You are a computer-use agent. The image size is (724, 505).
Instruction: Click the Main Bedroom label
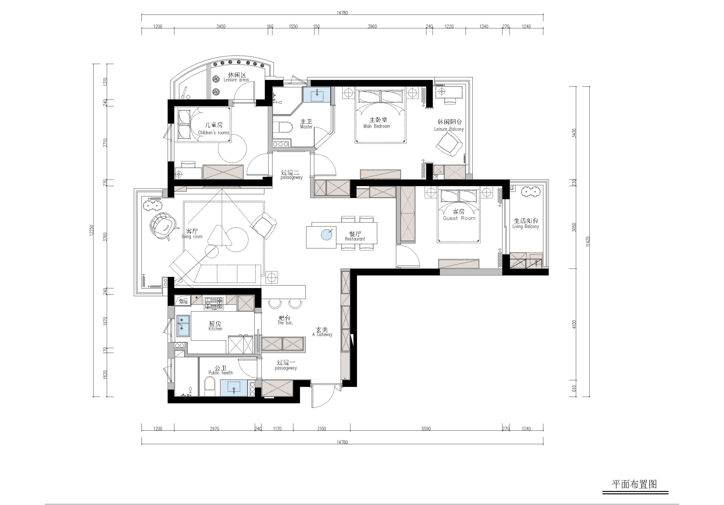tap(377, 126)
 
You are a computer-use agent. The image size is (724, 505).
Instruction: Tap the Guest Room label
tap(459, 218)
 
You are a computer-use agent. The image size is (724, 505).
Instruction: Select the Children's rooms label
tap(213, 132)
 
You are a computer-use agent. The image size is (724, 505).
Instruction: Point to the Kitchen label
tap(215, 329)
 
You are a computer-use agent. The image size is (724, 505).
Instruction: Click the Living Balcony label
tap(526, 226)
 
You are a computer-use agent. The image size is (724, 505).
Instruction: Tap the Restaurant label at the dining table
tap(355, 239)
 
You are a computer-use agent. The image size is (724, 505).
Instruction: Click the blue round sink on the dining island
tap(326, 235)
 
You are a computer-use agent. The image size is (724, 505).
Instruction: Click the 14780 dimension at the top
tap(342, 13)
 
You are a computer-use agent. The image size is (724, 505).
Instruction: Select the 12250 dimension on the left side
tap(91, 230)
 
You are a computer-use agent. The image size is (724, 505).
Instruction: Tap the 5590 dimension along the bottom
tap(426, 429)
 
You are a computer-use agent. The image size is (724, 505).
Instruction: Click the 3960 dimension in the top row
tap(372, 26)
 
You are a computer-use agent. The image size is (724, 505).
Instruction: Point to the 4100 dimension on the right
tap(574, 324)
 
